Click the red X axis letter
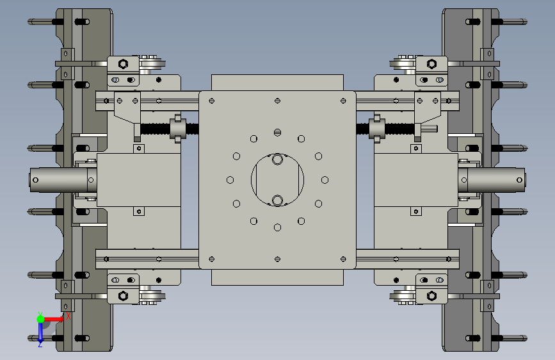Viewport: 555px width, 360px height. [x=68, y=316]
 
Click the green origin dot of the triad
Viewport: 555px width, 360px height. [x=41, y=319]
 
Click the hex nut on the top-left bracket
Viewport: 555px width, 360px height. [x=123, y=64]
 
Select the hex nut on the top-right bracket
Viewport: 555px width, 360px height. [x=432, y=64]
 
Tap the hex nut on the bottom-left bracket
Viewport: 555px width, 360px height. [x=123, y=295]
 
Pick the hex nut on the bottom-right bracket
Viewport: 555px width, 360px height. [x=432, y=295]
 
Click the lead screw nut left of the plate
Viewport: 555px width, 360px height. [x=178, y=129]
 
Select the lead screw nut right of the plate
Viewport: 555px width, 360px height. [x=377, y=129]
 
